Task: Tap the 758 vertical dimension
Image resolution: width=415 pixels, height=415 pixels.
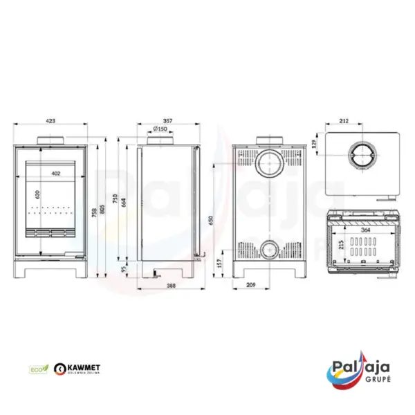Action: point(96,210)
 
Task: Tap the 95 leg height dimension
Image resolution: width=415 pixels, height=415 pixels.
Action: point(126,269)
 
